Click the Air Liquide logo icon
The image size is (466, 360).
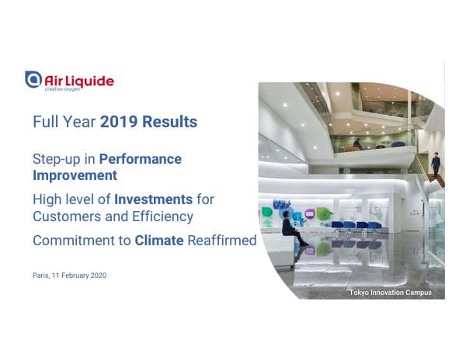(x=33, y=79)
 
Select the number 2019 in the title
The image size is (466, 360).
(x=118, y=122)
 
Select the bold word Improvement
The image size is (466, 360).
(x=75, y=175)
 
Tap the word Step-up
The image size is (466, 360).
(x=57, y=159)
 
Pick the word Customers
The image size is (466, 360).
(x=67, y=216)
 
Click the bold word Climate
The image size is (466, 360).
(x=159, y=241)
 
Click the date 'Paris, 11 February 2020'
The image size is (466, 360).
(x=69, y=275)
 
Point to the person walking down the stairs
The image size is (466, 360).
(x=436, y=163)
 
